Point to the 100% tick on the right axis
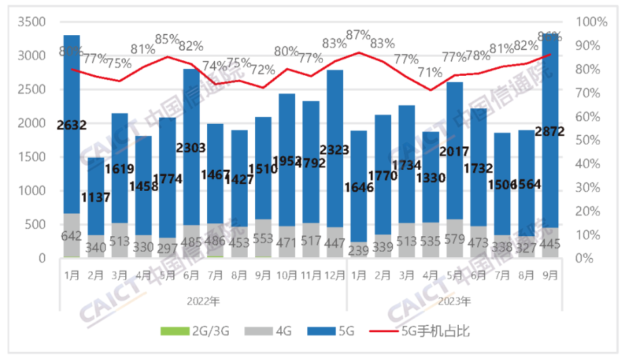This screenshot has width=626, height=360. coord(591,22)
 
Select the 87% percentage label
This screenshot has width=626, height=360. coord(357,35)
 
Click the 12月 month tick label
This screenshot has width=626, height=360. coord(334,275)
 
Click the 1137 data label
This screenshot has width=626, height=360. coord(95,180)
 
